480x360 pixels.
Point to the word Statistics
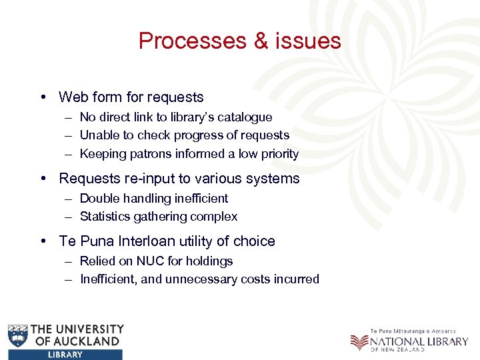[106, 217]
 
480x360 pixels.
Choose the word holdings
[210, 261]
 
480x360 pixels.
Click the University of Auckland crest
[18, 335]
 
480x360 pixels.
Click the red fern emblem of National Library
[359, 341]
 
